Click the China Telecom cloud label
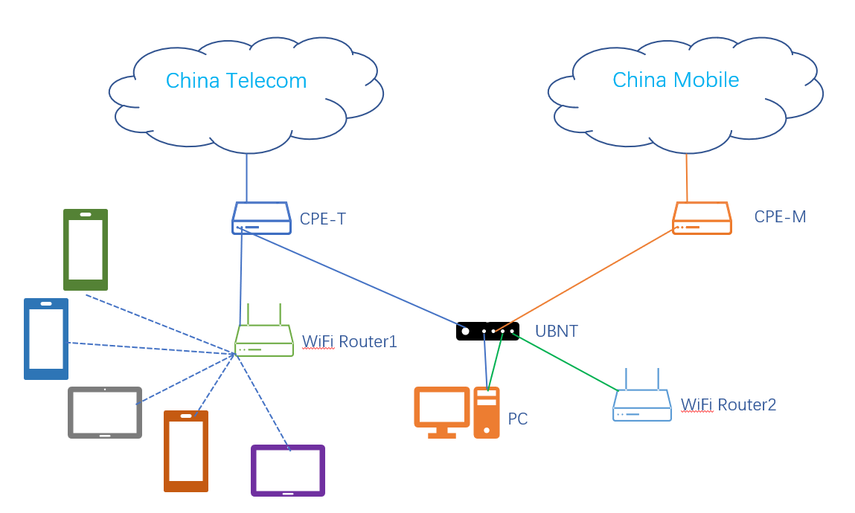[x=236, y=80]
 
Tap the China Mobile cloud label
[x=676, y=80]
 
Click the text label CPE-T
[x=322, y=219]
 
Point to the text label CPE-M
[x=780, y=217]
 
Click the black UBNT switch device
[x=487, y=331]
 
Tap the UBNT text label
[x=556, y=332]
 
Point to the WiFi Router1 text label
[x=349, y=342]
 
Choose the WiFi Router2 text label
[x=728, y=405]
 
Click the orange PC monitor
[x=442, y=408]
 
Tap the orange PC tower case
[x=487, y=413]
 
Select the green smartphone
[x=86, y=249]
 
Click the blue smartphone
[x=46, y=338]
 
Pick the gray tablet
[x=105, y=412]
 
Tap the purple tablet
[x=288, y=470]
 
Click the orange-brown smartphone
[x=186, y=451]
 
